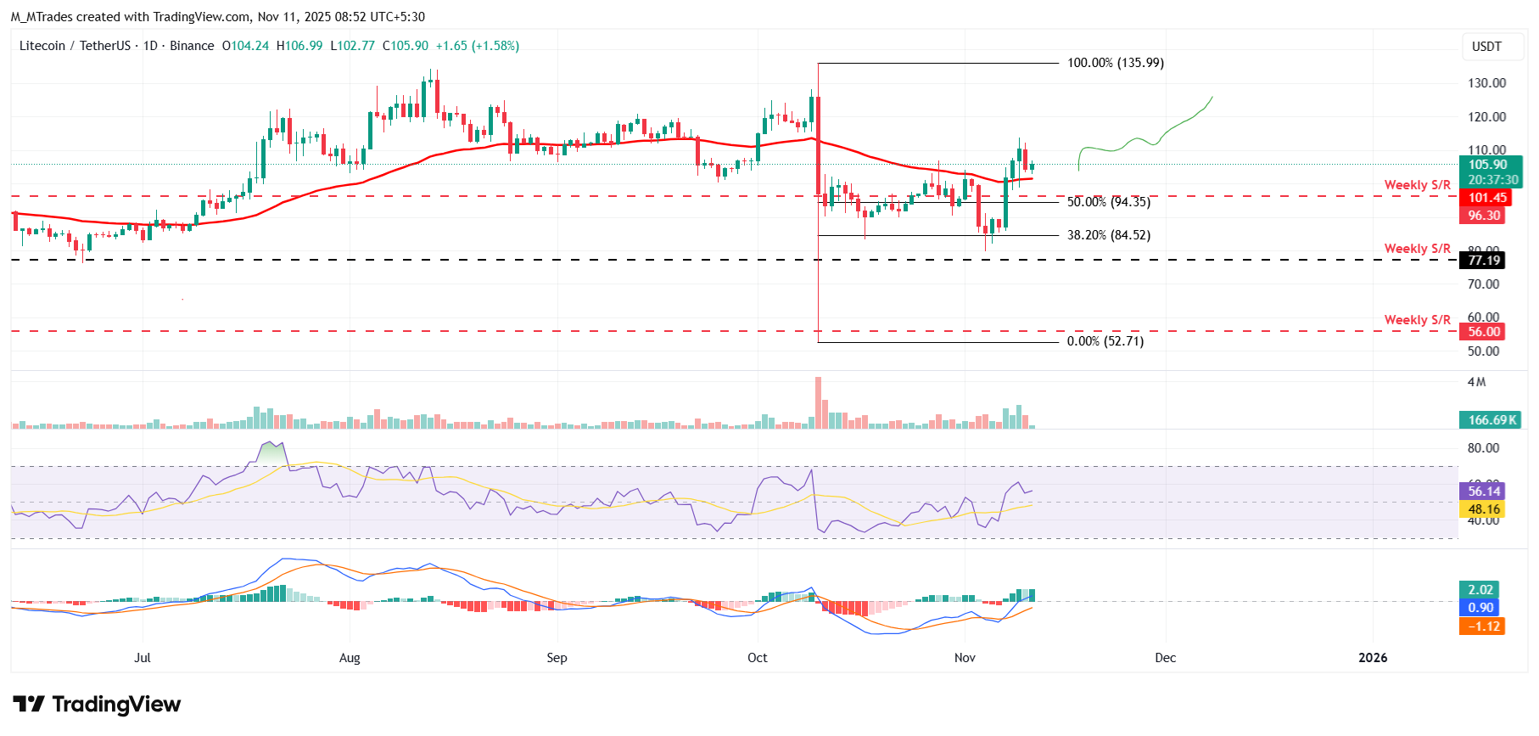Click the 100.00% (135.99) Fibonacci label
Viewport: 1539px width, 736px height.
[x=1115, y=63]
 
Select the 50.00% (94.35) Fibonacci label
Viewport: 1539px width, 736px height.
[x=1108, y=202]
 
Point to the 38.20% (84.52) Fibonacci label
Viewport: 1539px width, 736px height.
[x=1108, y=235]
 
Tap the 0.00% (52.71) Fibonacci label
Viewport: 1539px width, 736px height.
[x=1105, y=341]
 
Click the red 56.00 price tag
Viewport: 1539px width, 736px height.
[x=1484, y=332]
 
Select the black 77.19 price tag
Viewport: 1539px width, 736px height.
[x=1484, y=261]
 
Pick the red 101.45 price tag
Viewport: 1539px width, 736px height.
[x=1487, y=198]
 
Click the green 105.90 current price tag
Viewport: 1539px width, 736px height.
[x=1489, y=166]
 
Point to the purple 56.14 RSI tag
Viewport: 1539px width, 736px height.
[x=1484, y=492]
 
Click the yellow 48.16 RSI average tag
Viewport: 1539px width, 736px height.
[x=1484, y=509]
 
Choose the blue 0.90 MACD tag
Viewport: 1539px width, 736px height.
[x=1480, y=608]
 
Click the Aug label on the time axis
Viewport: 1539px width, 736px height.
[x=350, y=658]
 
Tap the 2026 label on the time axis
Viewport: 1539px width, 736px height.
[x=1373, y=658]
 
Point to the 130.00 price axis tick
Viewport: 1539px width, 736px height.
[x=1486, y=83]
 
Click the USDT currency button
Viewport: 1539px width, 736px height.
[x=1486, y=47]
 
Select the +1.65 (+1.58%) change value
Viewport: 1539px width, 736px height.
[x=477, y=46]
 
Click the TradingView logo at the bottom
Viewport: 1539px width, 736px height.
[x=97, y=705]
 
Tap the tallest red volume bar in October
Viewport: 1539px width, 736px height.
[x=819, y=403]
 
